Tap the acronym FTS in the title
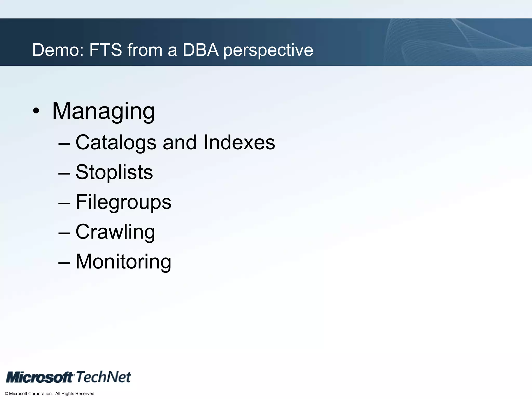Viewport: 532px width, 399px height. click(105, 50)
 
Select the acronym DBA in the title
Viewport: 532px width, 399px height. click(201, 50)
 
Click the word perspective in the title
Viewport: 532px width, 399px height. click(268, 50)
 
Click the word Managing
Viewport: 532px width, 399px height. click(103, 111)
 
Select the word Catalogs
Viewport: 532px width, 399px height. click(116, 143)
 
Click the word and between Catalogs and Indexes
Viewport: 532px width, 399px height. click(179, 143)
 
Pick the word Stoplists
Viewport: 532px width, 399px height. click(114, 172)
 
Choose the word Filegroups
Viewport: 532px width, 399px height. click(123, 202)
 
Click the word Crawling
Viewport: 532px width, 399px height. click(115, 232)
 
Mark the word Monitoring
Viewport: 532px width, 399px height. click(123, 262)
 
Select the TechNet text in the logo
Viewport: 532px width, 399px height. click(103, 377)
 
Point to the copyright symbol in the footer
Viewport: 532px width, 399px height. click(6, 394)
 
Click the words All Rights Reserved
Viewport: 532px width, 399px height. click(75, 394)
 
